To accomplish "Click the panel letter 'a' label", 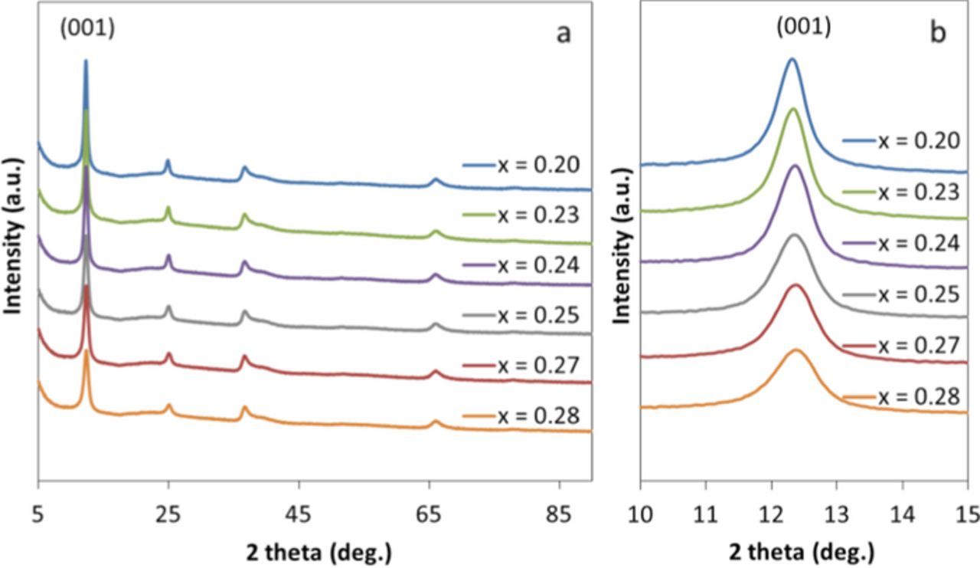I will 563,34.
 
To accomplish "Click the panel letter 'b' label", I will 938,34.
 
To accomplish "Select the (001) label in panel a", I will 87,28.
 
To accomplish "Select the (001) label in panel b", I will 803,26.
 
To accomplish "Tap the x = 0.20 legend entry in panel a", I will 521,165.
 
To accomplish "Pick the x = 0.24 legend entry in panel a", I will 521,265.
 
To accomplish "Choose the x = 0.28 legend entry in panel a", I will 521,415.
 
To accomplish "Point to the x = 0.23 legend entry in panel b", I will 900,192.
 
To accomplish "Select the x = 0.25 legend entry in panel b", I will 900,294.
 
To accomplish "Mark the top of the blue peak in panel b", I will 792,58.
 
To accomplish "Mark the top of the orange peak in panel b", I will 796,350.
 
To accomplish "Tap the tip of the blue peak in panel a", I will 86,61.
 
